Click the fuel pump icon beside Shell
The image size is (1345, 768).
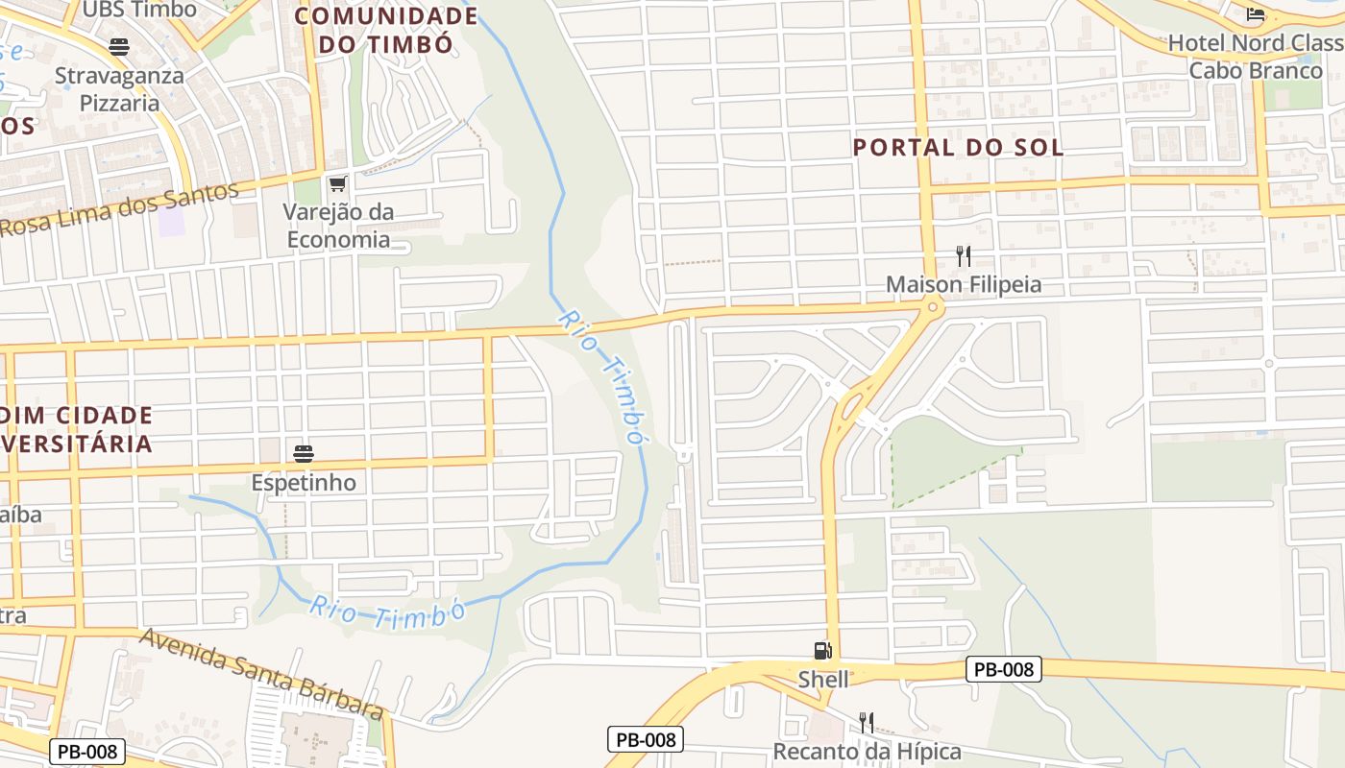[822, 651]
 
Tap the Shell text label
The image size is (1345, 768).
[823, 680]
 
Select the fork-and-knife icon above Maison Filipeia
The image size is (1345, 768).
[964, 256]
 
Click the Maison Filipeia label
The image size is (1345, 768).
[963, 285]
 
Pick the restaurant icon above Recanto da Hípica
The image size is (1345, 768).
[867, 722]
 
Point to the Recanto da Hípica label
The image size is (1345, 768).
[867, 751]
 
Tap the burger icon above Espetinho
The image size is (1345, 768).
[304, 453]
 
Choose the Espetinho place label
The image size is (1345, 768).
[304, 482]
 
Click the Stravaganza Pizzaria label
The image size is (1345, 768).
[119, 88]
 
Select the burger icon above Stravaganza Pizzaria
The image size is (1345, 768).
[119, 46]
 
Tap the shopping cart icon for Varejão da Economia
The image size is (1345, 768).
[337, 183]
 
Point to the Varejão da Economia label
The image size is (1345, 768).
[338, 225]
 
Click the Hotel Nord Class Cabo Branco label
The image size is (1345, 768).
[1255, 57]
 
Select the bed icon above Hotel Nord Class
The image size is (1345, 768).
[1256, 13]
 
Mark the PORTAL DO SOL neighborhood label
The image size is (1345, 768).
[958, 147]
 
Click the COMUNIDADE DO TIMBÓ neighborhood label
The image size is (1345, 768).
[386, 30]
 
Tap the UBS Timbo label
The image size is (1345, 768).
[139, 10]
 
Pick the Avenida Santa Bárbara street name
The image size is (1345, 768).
[262, 674]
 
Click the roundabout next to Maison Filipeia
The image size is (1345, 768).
[930, 306]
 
